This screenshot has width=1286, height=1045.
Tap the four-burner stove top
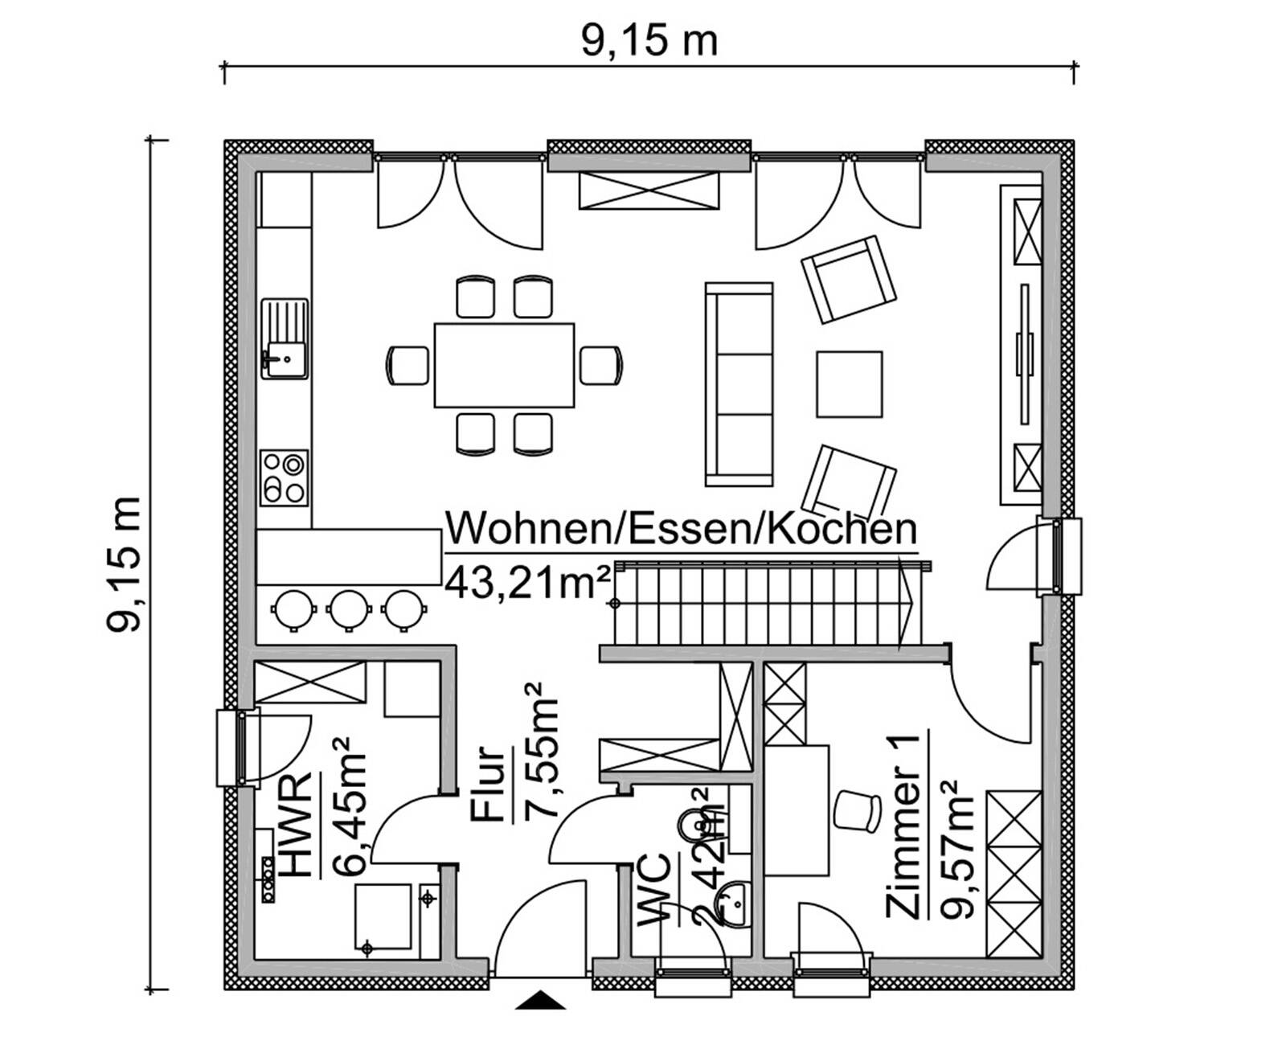284,477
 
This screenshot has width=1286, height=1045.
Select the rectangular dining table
504,365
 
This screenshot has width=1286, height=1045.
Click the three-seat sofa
739,384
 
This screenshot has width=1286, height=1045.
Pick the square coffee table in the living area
849,384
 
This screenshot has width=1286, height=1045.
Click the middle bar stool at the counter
350,609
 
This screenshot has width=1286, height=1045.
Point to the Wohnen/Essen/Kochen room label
681,530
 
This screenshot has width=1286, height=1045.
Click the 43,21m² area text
526,581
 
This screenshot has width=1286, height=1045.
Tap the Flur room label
490,785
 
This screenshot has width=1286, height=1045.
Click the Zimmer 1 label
903,826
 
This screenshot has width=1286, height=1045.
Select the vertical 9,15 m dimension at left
125,564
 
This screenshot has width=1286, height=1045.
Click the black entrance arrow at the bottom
541,1001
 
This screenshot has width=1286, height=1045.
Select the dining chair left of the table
408,365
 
